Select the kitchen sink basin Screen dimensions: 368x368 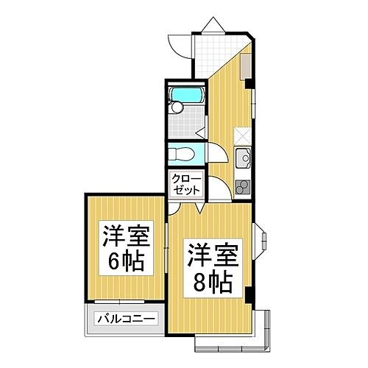click(x=243, y=155)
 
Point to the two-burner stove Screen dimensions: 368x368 click(x=243, y=185)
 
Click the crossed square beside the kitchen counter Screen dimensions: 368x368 click(x=243, y=135)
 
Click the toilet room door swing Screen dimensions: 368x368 click(x=200, y=134)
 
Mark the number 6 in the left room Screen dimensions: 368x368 click(x=118, y=261)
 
